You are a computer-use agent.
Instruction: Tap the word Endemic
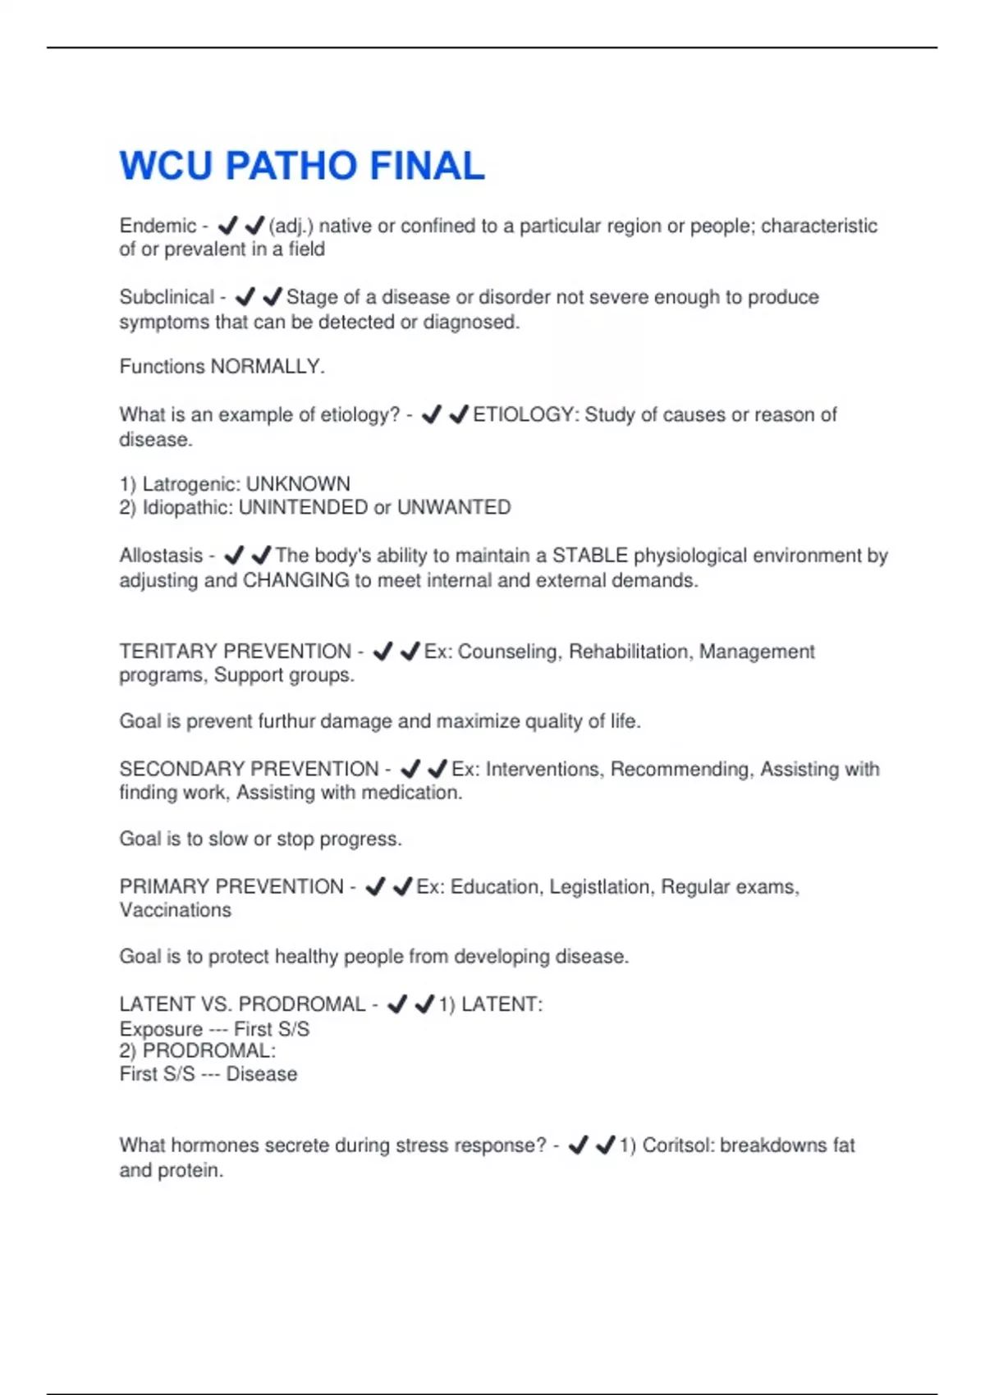click(158, 226)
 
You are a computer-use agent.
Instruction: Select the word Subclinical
click(167, 297)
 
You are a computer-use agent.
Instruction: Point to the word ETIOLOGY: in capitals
click(525, 414)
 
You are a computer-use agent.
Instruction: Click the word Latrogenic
click(188, 484)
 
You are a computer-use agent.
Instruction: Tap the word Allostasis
click(161, 556)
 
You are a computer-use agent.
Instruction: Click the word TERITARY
click(168, 652)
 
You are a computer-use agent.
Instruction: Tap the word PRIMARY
click(163, 887)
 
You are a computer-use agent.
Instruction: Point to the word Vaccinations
click(176, 910)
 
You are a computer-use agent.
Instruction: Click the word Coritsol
click(676, 1146)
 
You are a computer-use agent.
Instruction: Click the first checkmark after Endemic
click(227, 225)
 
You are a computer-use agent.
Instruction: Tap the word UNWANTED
click(454, 508)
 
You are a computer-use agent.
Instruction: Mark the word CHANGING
click(296, 580)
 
